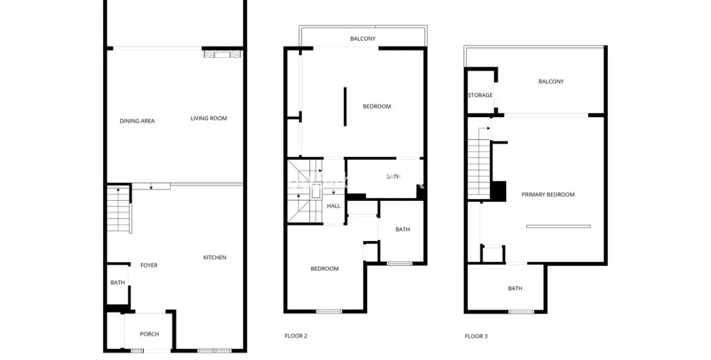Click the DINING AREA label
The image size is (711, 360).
[x=137, y=121]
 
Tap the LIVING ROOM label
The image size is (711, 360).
[x=209, y=118]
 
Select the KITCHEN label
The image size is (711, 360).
[x=215, y=257]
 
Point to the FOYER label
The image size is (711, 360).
[x=149, y=265]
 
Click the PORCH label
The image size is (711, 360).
[x=150, y=334]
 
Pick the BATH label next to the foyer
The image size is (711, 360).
[x=118, y=283]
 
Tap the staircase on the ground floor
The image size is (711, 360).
[x=119, y=209]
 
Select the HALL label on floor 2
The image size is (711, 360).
[x=333, y=206]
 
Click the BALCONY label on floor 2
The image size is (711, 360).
[x=363, y=39]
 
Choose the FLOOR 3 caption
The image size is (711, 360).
[x=476, y=336]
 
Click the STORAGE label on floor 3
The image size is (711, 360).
[x=480, y=95]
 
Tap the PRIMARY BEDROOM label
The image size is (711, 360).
[x=548, y=195]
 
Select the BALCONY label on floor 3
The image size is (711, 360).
[x=551, y=82]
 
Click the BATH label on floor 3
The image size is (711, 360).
[x=515, y=289]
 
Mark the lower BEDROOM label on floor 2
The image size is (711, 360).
[x=325, y=269]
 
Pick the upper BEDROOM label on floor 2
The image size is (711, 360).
[x=377, y=107]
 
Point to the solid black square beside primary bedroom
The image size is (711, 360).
[x=499, y=190]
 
